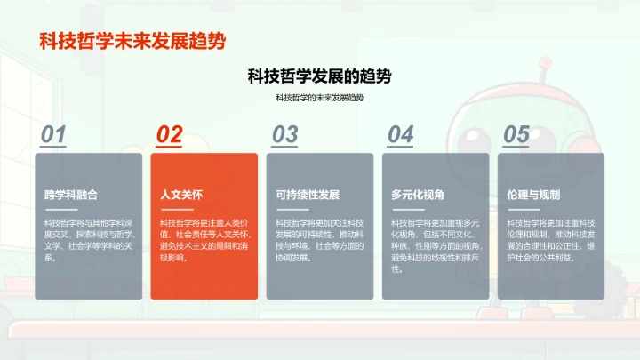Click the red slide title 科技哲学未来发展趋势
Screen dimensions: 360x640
(x=132, y=41)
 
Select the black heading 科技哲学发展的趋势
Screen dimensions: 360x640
(x=319, y=76)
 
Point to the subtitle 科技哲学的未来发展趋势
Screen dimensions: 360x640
(x=319, y=97)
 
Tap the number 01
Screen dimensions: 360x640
(x=54, y=134)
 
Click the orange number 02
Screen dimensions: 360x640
(x=169, y=134)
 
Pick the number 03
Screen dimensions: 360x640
(x=284, y=134)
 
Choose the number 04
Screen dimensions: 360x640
(x=400, y=134)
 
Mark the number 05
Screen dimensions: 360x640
(x=516, y=134)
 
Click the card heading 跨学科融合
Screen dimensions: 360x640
(x=71, y=195)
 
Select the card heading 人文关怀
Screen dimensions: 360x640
(x=181, y=195)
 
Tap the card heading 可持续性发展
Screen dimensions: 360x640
(x=308, y=195)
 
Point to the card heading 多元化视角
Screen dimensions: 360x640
(x=418, y=195)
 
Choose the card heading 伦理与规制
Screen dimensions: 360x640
(x=533, y=195)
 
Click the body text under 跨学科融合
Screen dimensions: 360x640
(x=88, y=240)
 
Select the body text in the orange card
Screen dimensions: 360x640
(x=204, y=240)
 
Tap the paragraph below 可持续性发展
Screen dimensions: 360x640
(x=319, y=240)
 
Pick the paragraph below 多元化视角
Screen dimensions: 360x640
(x=435, y=244)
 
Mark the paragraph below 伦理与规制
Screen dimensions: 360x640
(x=550, y=240)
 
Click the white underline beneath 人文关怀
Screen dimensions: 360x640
(x=175, y=210)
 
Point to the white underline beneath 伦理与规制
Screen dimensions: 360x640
(x=522, y=210)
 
